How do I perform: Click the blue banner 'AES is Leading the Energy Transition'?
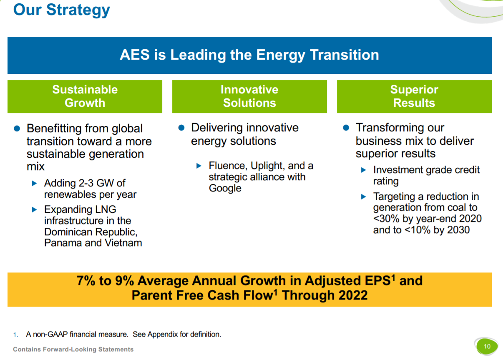pyautogui.click(x=249, y=55)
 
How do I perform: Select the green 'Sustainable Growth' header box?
pyautogui.click(x=85, y=96)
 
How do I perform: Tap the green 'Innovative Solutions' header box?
pyautogui.click(x=249, y=96)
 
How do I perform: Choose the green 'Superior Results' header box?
pyautogui.click(x=414, y=96)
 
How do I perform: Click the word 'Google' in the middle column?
pyautogui.click(x=225, y=188)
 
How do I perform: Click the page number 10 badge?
pyautogui.click(x=487, y=346)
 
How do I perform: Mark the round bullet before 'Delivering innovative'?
pyautogui.click(x=181, y=128)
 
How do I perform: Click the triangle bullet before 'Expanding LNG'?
pyautogui.click(x=35, y=209)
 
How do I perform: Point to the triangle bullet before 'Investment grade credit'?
pyautogui.click(x=364, y=170)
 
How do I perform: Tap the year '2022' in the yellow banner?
pyautogui.click(x=353, y=295)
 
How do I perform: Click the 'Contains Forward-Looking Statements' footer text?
pyautogui.click(x=73, y=349)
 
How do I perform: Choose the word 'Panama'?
pyautogui.click(x=63, y=243)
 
